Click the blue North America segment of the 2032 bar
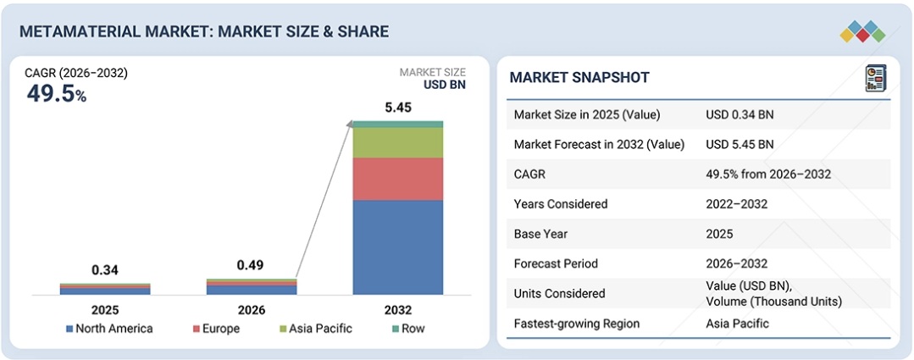pyautogui.click(x=397, y=246)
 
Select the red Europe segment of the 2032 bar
pyautogui.click(x=397, y=179)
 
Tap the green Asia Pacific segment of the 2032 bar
pyautogui.click(x=397, y=142)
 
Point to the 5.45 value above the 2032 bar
pyautogui.click(x=397, y=108)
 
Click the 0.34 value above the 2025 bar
pyautogui.click(x=105, y=270)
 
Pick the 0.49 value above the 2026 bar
pyautogui.click(x=251, y=265)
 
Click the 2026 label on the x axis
pyautogui.click(x=251, y=309)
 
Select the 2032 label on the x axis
pyautogui.click(x=397, y=309)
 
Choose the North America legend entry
pyautogui.click(x=109, y=329)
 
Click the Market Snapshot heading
pyautogui.click(x=579, y=78)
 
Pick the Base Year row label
pyautogui.click(x=543, y=234)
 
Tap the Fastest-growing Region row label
pyautogui.click(x=577, y=324)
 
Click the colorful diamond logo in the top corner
pyautogui.click(x=862, y=32)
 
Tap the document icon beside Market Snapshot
pyautogui.click(x=873, y=78)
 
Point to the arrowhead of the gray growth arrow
pyautogui.click(x=351, y=125)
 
